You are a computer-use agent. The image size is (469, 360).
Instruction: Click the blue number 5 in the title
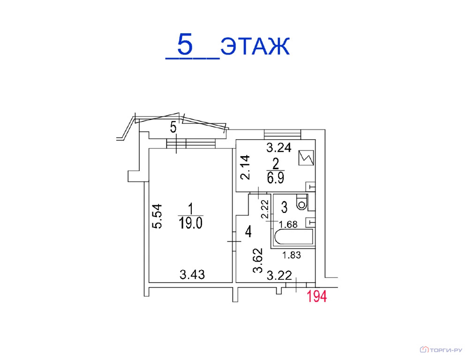click(185, 44)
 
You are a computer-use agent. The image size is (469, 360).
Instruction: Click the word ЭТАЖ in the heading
click(255, 46)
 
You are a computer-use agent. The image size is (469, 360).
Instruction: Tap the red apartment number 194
click(317, 297)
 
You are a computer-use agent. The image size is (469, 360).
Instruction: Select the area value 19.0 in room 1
click(190, 223)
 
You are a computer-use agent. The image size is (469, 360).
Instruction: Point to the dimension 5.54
click(157, 216)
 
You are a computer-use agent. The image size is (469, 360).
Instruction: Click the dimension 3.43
click(192, 275)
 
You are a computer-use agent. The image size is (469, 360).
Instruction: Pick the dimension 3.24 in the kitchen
click(279, 147)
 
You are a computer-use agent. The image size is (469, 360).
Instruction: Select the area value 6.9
click(275, 178)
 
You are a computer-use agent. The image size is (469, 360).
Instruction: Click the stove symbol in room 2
click(306, 157)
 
